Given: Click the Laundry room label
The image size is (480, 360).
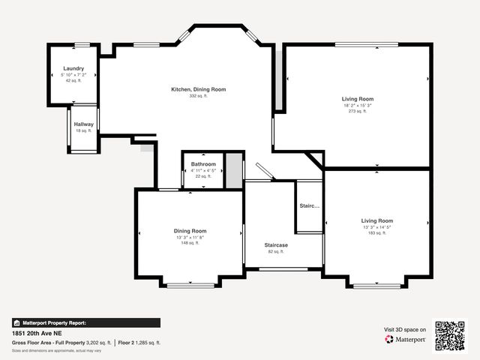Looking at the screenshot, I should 73,68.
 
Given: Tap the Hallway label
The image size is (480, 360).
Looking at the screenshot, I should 82,124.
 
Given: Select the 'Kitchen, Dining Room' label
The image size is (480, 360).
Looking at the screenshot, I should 198,89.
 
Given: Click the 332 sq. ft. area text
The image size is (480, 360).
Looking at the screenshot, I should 198,96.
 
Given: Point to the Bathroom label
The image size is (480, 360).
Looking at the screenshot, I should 203,163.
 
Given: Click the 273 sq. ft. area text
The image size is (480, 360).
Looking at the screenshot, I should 358,112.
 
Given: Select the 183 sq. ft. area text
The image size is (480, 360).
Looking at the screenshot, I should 377,233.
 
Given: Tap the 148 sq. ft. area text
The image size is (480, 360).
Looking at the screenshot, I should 190,244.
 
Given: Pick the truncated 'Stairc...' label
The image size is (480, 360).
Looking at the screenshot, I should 310,205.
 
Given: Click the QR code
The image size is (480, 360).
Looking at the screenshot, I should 450,335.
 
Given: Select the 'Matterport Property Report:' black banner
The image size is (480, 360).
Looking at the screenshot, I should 85,322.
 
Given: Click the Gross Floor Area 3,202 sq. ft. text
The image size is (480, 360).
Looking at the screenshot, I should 61,343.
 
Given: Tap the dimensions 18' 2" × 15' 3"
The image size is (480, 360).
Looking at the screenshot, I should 358,106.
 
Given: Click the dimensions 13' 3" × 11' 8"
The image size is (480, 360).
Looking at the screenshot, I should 190,238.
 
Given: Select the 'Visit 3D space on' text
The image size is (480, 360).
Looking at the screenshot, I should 405,329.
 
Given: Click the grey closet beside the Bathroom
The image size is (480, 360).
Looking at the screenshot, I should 235,169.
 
